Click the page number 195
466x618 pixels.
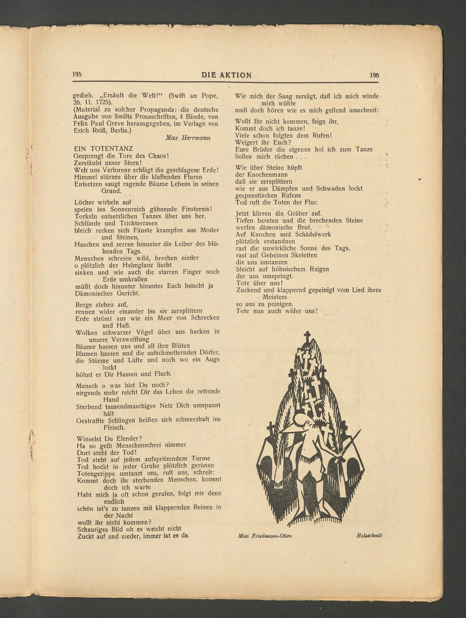pyautogui.click(x=77, y=74)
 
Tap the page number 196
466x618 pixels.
pyautogui.click(x=374, y=75)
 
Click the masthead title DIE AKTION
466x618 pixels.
pyautogui.click(x=226, y=75)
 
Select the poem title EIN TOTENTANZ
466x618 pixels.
pyautogui.click(x=103, y=149)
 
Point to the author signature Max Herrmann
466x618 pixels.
pyautogui.click(x=188, y=138)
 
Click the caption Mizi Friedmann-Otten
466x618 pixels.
pyautogui.click(x=265, y=536)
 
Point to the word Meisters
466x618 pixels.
pyautogui.click(x=274, y=297)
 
